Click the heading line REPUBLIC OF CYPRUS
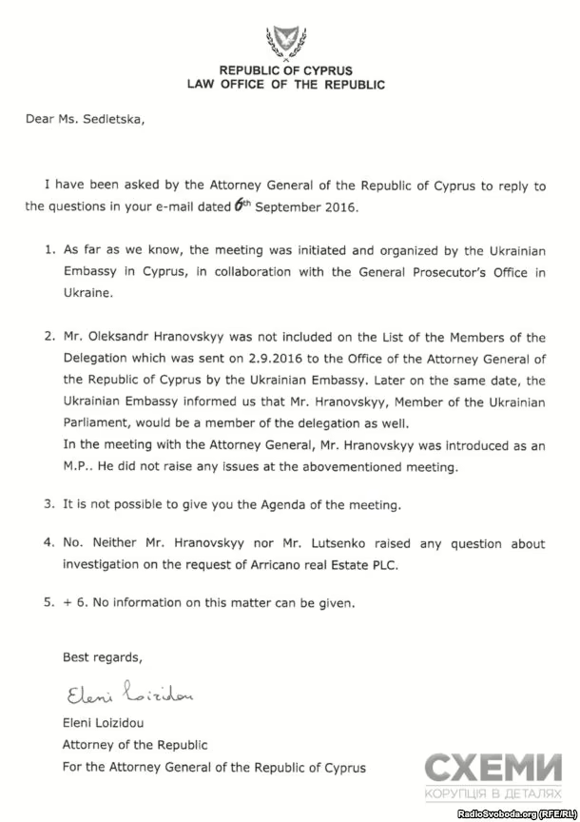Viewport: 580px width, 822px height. (x=285, y=71)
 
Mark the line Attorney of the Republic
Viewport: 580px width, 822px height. (x=135, y=745)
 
